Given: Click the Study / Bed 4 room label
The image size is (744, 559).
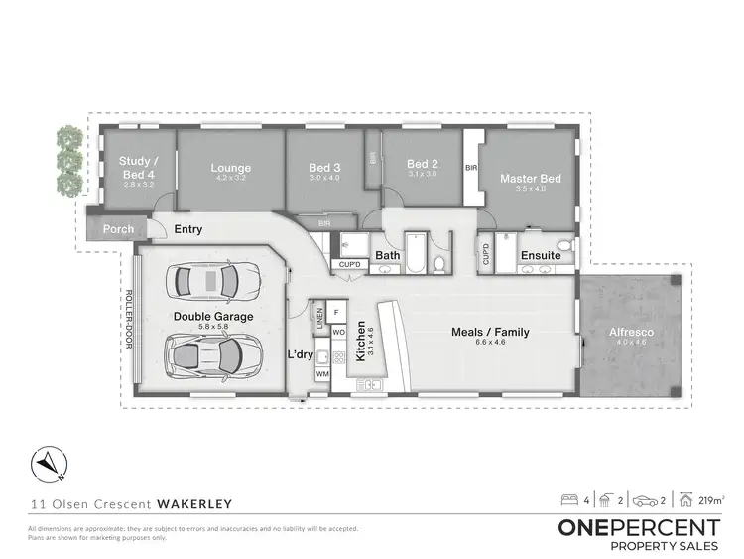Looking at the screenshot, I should point(134,166).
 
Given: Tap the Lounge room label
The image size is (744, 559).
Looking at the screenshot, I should point(231,168).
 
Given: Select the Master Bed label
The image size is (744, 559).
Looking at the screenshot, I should point(531,179).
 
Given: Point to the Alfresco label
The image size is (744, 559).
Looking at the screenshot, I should point(631,331).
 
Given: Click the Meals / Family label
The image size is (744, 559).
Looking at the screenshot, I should point(490,332).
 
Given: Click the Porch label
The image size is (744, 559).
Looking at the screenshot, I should point(119,229).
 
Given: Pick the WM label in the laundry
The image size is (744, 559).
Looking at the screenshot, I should point(322,374).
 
